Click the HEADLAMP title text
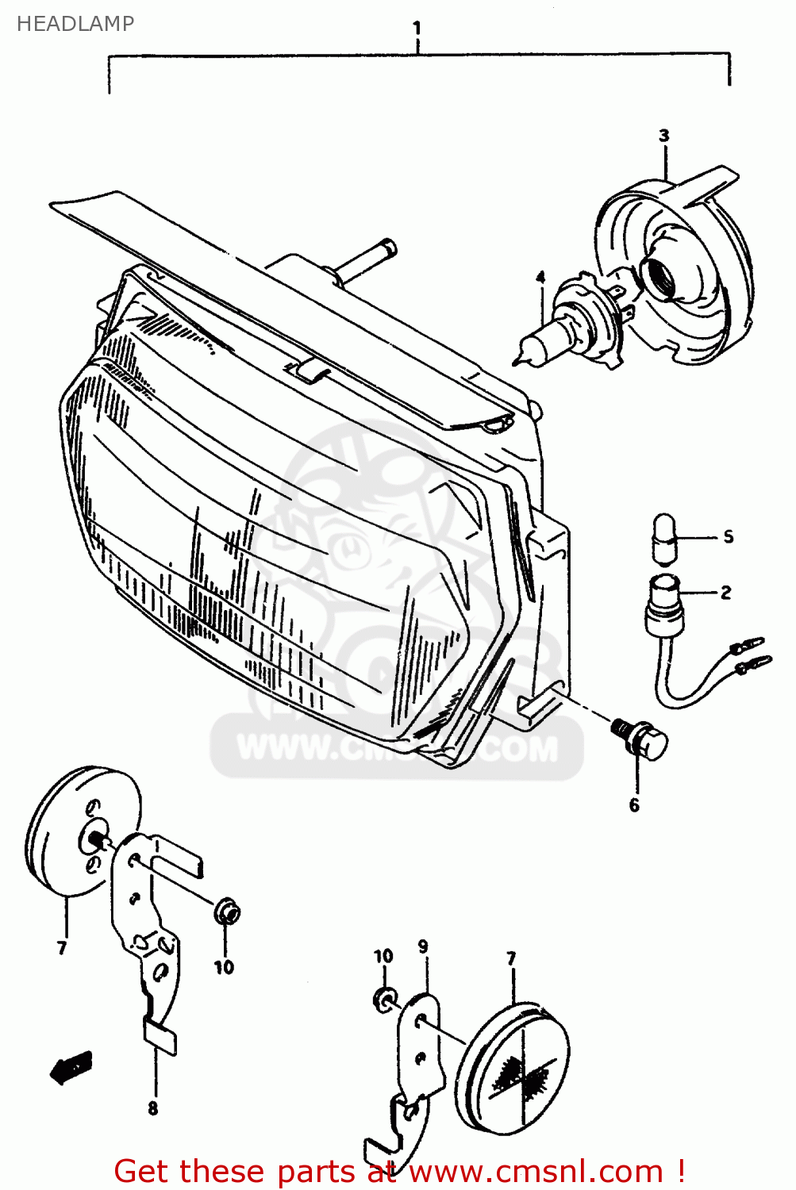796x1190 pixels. [x=75, y=24]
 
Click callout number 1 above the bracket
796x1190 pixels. [x=417, y=29]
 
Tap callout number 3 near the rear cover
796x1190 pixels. [x=663, y=136]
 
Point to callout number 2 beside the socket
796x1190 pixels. [x=725, y=593]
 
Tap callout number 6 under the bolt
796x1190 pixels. [x=634, y=805]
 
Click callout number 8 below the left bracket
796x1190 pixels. [x=153, y=1108]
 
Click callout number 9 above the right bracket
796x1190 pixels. [x=423, y=946]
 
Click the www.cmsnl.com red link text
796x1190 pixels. [x=536, y=1171]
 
